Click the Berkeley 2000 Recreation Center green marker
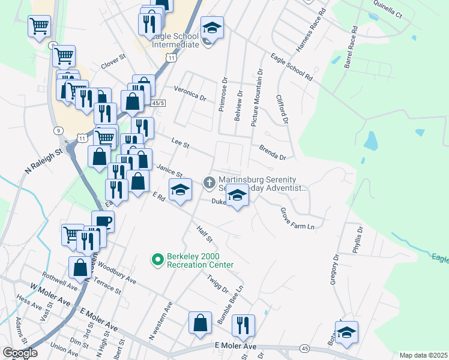point(158,259)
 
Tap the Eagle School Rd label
point(292,67)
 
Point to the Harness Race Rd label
point(309,30)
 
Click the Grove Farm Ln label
point(297,218)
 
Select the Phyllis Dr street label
point(358,240)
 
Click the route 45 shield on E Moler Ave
point(306,349)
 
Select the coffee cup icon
point(103,221)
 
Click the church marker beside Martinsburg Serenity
point(209,181)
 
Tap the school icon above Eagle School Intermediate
point(212,27)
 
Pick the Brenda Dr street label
point(273,152)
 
